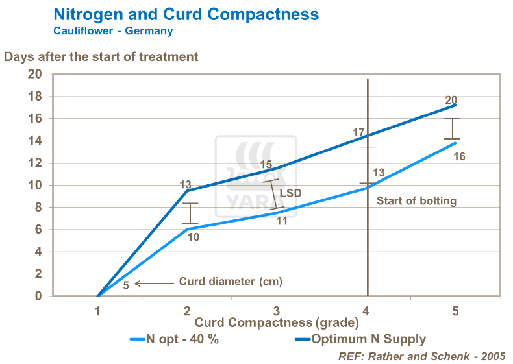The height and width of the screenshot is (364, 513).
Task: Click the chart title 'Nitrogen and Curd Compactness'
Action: tap(186, 14)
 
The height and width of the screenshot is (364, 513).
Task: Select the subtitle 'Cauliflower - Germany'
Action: tap(113, 30)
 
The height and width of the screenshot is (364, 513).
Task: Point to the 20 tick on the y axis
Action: tap(34, 74)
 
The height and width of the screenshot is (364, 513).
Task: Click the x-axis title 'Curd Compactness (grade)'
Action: tap(277, 322)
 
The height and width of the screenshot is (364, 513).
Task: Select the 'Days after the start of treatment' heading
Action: tap(101, 56)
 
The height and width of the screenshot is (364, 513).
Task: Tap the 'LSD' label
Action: tap(290, 193)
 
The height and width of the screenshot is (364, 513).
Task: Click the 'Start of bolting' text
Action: tap(416, 200)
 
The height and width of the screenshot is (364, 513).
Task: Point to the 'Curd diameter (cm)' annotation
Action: tap(231, 282)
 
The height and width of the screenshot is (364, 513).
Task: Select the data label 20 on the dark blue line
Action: tap(451, 101)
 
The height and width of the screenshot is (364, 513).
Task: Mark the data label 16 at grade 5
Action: tap(459, 156)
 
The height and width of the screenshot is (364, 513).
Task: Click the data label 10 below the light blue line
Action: tap(194, 237)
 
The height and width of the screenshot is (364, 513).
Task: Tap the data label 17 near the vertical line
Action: tap(358, 132)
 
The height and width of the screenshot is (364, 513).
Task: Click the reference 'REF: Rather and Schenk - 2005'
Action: tap(421, 356)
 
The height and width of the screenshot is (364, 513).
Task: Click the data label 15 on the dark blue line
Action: tap(266, 165)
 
